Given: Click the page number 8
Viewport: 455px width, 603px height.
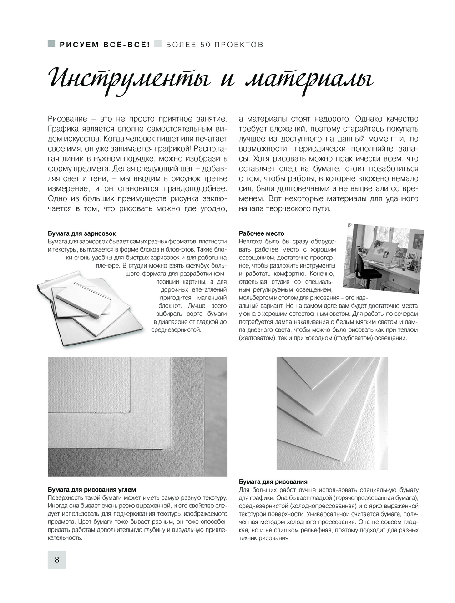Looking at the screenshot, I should [x=57, y=559].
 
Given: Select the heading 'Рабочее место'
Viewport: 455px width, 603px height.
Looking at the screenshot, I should [x=262, y=233].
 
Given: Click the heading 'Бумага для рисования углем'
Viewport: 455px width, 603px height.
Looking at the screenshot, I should [x=92, y=490].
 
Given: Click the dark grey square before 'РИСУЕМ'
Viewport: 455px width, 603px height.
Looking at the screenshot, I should [x=51, y=44].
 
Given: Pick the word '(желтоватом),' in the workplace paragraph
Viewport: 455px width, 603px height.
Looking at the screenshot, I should [x=258, y=338].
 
